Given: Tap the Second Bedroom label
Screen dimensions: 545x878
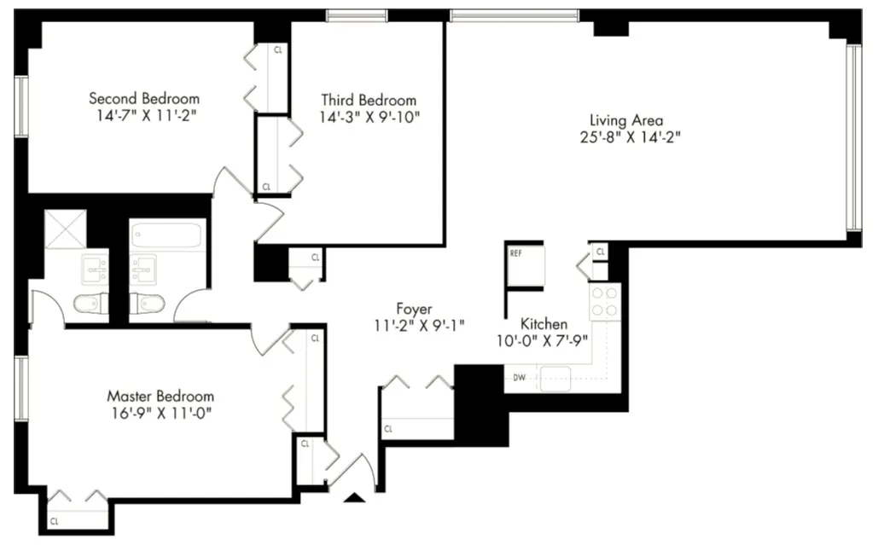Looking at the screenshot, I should pyautogui.click(x=144, y=98).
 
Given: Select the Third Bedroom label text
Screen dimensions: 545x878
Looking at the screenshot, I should pyautogui.click(x=369, y=100).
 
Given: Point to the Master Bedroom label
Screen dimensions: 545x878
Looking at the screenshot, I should pyautogui.click(x=160, y=396).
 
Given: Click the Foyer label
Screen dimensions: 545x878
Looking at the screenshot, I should pyautogui.click(x=414, y=308).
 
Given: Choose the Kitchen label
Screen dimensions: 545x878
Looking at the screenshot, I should pyautogui.click(x=544, y=324).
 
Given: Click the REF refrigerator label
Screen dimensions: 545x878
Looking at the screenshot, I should pyautogui.click(x=515, y=253).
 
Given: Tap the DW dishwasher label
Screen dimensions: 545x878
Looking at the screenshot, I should pyautogui.click(x=520, y=376).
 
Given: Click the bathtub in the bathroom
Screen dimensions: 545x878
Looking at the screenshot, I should pyautogui.click(x=167, y=235).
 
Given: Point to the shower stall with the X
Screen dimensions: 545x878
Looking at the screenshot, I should pyautogui.click(x=66, y=229).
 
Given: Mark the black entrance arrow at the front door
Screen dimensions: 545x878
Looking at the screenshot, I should pyautogui.click(x=356, y=497).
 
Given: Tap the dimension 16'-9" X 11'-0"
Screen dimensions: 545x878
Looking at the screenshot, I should pyautogui.click(x=160, y=413).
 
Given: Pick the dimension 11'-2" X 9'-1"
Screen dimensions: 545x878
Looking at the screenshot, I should pyautogui.click(x=414, y=325).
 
